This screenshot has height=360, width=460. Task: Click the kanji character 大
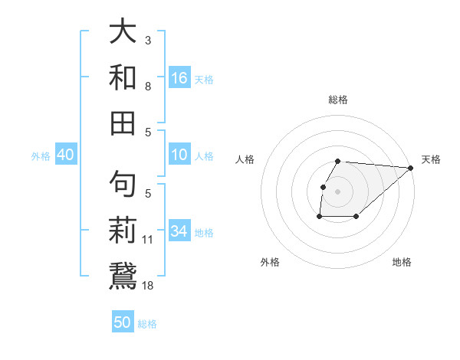click(123, 32)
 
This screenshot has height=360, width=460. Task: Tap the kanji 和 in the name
click(123, 77)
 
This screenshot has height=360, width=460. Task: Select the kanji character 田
click(123, 123)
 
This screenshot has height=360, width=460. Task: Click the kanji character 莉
click(123, 231)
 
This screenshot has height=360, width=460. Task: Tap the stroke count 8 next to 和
click(148, 87)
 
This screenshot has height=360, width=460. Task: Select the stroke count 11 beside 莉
click(149, 240)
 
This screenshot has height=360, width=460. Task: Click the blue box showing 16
click(179, 78)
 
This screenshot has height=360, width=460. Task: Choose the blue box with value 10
click(179, 155)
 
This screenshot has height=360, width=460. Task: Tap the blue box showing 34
click(179, 231)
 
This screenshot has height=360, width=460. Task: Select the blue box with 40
click(65, 155)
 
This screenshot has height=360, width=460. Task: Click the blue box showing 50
click(123, 322)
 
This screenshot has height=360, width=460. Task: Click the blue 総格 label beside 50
click(147, 324)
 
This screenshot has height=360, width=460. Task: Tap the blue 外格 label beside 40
click(41, 156)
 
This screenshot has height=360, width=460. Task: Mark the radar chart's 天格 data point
click(411, 169)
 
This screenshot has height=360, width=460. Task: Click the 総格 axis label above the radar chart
click(337, 100)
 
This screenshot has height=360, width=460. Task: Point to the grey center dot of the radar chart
click(337, 191)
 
